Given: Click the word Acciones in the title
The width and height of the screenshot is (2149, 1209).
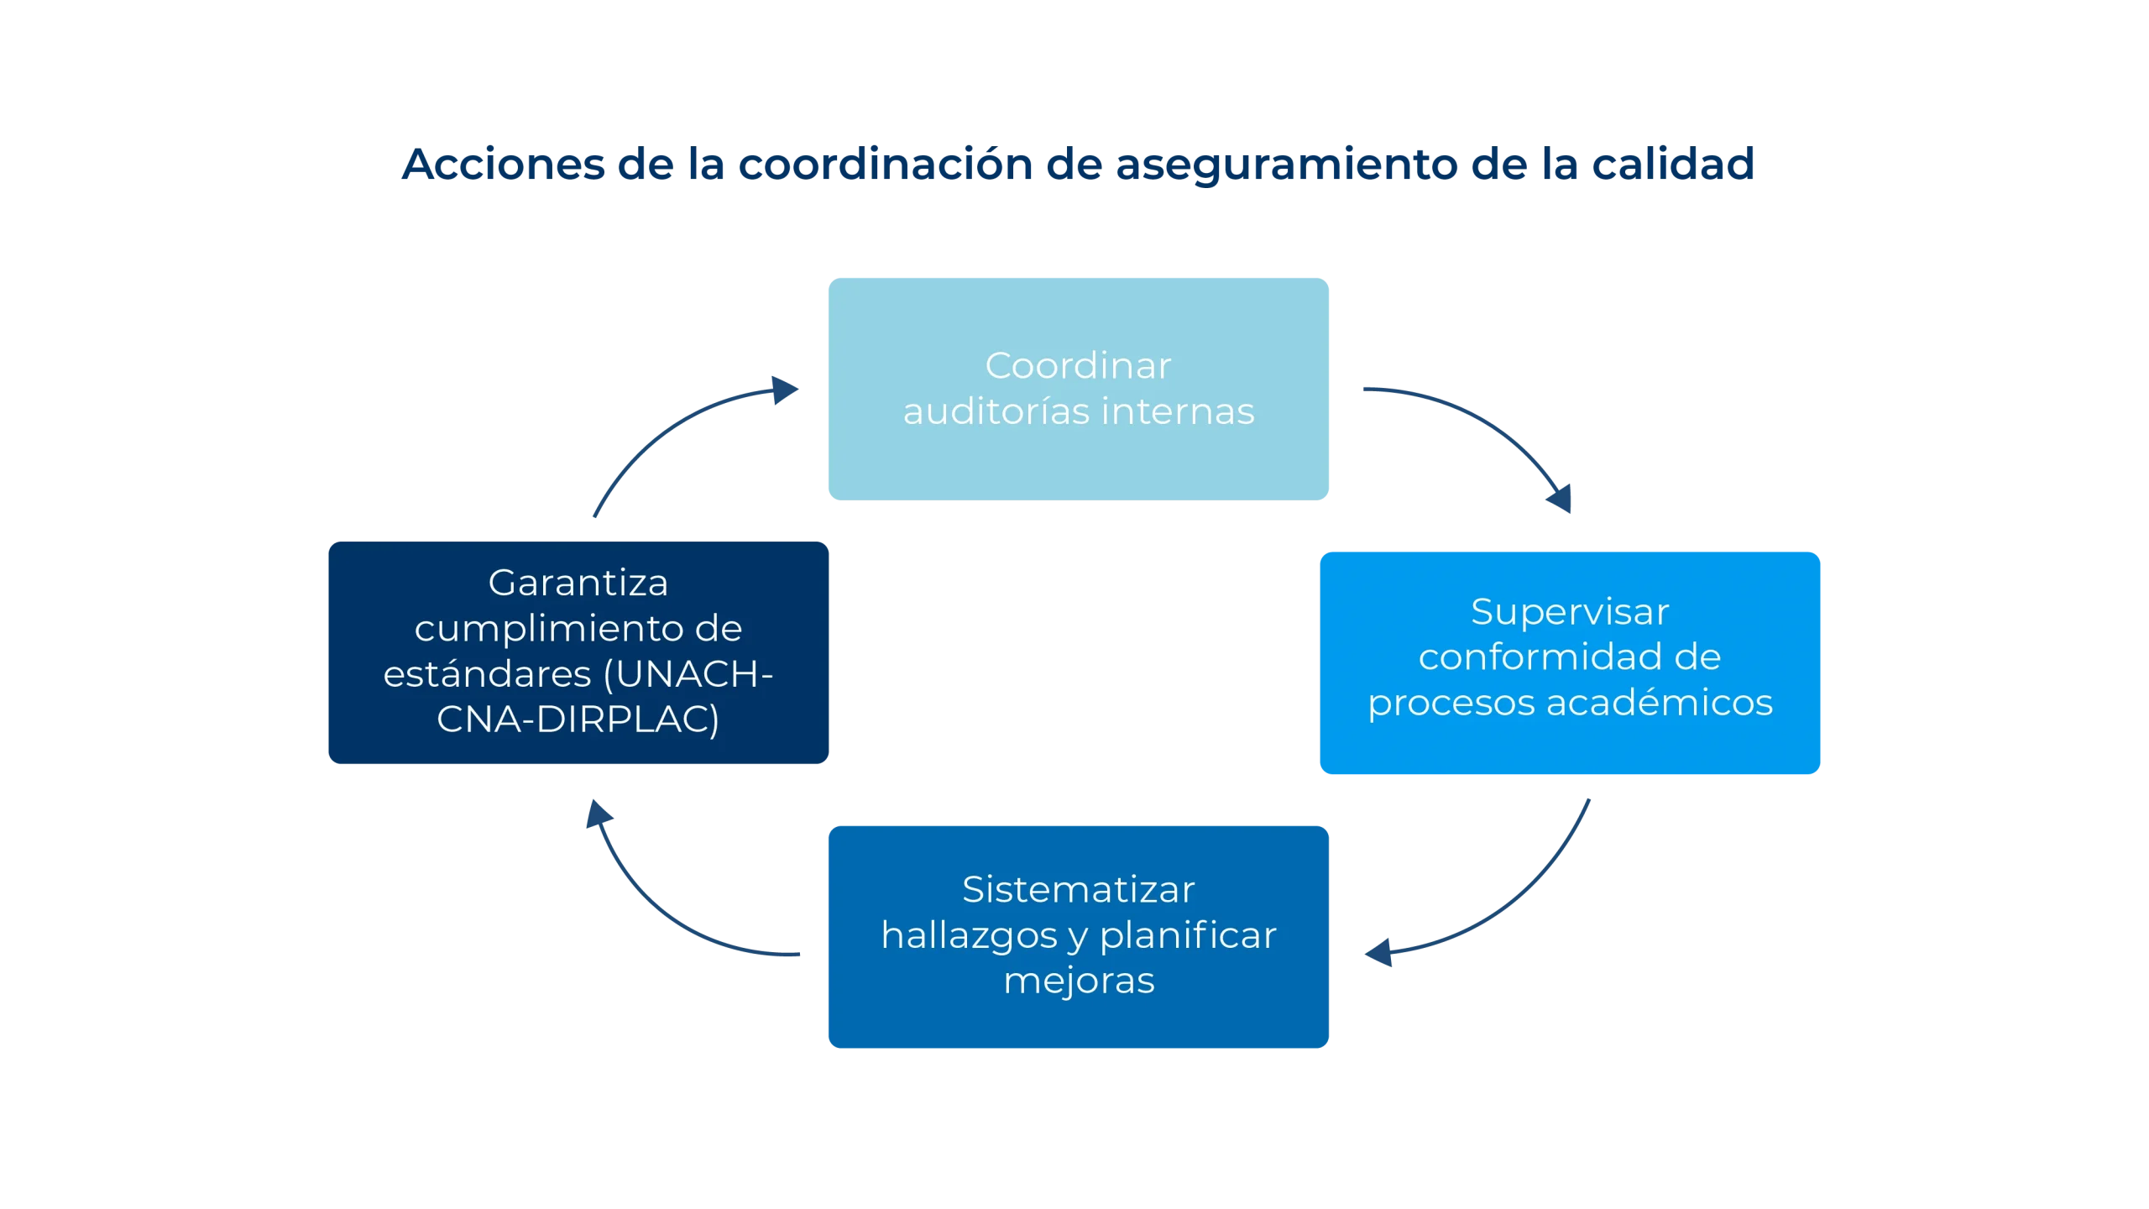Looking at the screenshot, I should pyautogui.click(x=502, y=164).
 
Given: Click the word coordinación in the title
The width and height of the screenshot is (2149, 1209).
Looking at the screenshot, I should pyautogui.click(x=886, y=164).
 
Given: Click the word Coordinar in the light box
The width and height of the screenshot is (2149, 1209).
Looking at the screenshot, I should pyautogui.click(x=1078, y=366).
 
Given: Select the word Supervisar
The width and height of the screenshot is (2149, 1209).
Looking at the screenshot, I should pyautogui.click(x=1570, y=612).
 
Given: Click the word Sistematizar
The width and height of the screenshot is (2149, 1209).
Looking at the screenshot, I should pyautogui.click(x=1078, y=890).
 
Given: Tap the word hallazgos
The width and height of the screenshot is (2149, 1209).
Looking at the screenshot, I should pyautogui.click(x=969, y=935).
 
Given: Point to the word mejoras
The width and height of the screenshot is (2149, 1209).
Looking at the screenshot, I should pyautogui.click(x=1079, y=981).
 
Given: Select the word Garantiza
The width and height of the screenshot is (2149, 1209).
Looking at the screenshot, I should pyautogui.click(x=578, y=583).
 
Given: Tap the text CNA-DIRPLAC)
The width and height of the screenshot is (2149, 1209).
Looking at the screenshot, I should pyautogui.click(x=578, y=720).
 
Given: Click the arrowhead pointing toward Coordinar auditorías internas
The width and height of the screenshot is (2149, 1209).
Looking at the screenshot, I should pyautogui.click(x=785, y=390).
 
